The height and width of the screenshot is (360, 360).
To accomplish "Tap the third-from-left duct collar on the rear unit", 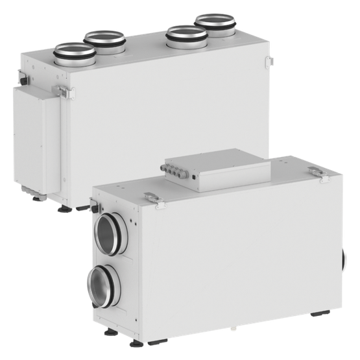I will click(186, 38).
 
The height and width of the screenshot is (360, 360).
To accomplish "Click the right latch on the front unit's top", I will click(315, 171).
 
